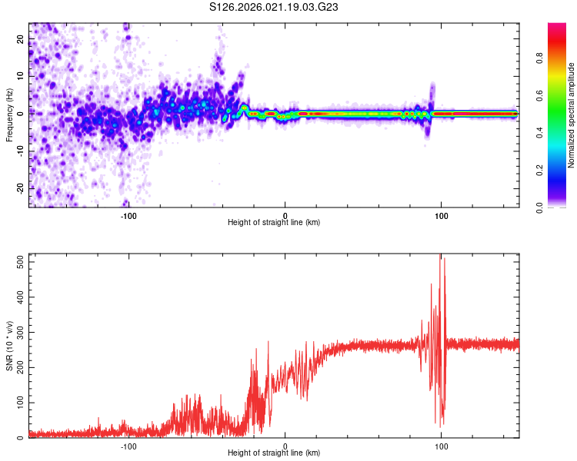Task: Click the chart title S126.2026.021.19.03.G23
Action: tap(275, 7)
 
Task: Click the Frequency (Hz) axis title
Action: tap(9, 114)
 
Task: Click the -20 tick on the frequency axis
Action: tap(19, 188)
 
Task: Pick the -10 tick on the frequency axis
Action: tap(19, 151)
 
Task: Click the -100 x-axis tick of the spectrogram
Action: tap(128, 215)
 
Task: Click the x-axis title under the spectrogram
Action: tap(274, 223)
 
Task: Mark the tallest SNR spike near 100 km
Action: tap(441, 256)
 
